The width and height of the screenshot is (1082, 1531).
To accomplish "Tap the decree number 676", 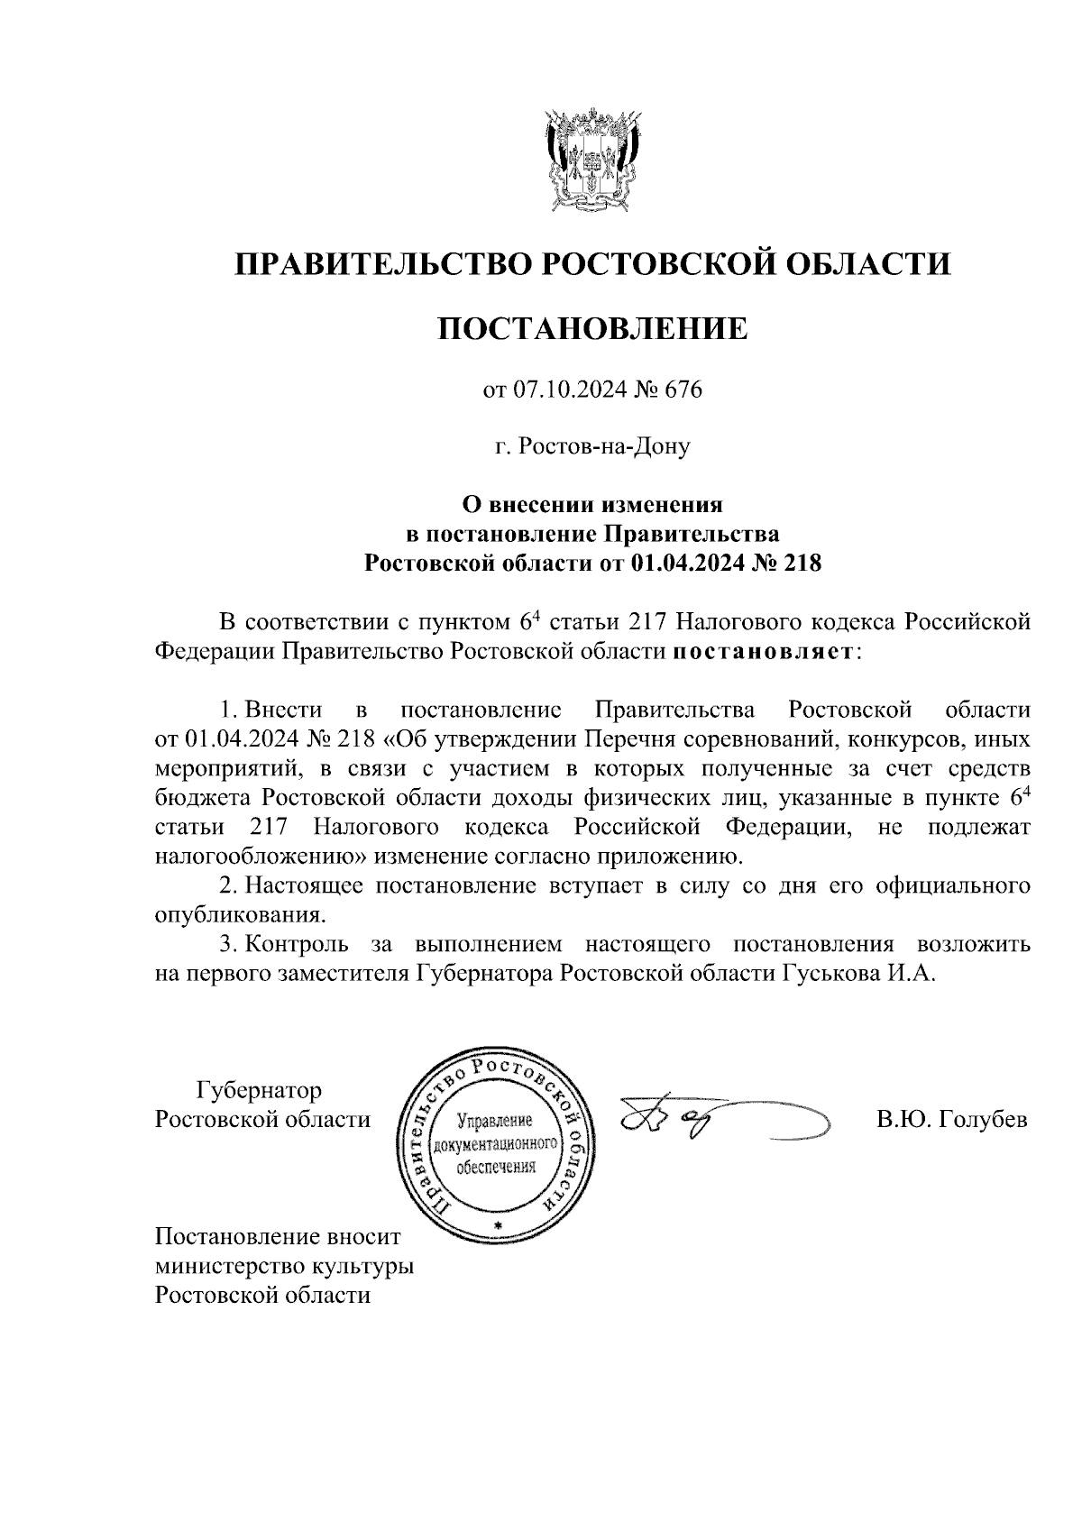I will pos(682,390).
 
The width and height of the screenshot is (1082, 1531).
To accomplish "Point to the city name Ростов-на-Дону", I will pos(603,446).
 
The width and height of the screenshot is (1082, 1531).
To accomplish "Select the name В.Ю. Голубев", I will pos(951,1120).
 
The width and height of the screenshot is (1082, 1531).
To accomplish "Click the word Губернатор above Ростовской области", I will pos(259,1091).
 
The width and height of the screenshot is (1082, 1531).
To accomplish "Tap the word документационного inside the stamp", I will pos(497,1144).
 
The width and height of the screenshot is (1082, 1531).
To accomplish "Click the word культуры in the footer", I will pos(362,1266).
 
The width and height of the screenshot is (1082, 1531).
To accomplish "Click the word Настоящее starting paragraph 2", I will pos(304,885).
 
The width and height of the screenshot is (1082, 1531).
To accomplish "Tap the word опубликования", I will pos(238,915).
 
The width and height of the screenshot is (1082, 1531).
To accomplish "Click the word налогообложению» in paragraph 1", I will pos(261,856).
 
